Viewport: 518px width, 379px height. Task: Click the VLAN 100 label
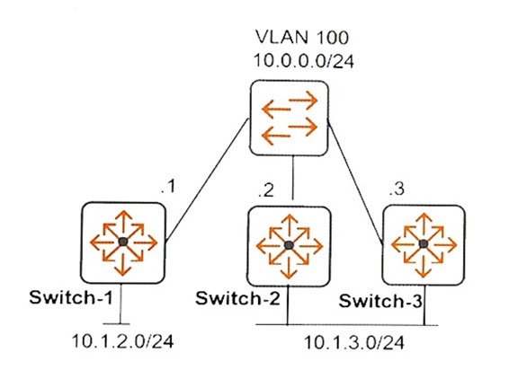(302, 37)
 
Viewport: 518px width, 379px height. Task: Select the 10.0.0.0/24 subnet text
(304, 61)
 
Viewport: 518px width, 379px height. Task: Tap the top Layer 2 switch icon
(289, 118)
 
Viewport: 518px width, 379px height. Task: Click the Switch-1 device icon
(123, 242)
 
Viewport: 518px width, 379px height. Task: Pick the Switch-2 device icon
(289, 246)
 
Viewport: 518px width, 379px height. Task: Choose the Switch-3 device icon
(424, 245)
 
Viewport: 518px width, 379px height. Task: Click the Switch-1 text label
(71, 297)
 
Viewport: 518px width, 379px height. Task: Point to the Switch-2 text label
(237, 298)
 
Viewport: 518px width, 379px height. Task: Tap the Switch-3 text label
(380, 301)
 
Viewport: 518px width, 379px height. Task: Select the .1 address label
(168, 187)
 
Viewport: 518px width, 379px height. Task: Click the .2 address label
(266, 190)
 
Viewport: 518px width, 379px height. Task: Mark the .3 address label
(397, 189)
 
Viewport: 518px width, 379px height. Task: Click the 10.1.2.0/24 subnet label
(122, 341)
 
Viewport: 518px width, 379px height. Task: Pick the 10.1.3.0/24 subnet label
(353, 342)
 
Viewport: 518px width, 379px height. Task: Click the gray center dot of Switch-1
(123, 242)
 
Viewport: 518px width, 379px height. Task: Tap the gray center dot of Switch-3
(424, 244)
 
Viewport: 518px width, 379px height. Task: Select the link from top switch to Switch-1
(207, 181)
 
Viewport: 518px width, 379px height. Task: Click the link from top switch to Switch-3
(355, 183)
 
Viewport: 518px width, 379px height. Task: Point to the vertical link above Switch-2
(293, 178)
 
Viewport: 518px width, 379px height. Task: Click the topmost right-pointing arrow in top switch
(303, 100)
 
